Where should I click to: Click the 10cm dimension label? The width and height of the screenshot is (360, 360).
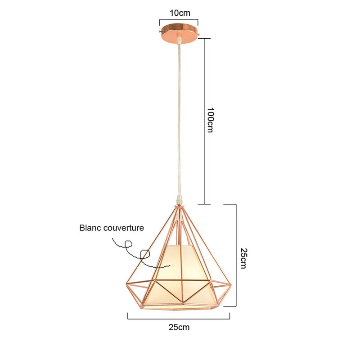180,13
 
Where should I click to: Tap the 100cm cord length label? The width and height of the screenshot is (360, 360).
210,120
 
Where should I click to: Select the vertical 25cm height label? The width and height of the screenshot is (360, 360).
243,258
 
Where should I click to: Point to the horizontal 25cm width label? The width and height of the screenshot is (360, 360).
179,327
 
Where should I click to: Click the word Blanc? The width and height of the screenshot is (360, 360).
90,228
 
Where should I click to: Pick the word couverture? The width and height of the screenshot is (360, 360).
123,228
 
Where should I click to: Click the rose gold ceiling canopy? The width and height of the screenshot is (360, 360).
179,33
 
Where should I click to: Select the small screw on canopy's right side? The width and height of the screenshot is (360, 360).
199,35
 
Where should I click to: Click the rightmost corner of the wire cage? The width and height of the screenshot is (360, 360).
231,285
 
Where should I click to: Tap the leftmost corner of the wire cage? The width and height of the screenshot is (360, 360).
126,285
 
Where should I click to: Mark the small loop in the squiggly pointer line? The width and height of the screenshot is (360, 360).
128,244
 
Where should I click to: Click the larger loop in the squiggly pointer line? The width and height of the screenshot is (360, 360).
145,255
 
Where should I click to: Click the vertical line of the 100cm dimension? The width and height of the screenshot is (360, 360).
204,121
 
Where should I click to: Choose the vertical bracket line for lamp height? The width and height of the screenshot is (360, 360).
236,255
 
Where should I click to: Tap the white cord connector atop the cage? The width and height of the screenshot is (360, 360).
180,199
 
